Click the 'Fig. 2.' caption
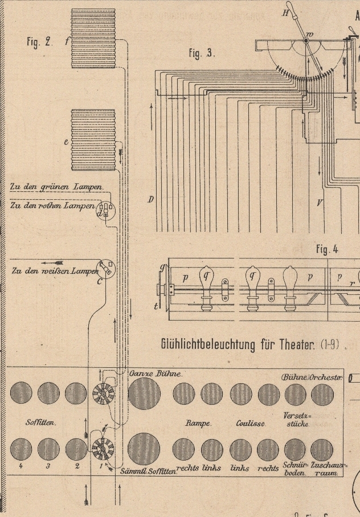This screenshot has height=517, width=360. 39,42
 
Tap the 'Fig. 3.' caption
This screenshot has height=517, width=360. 202,53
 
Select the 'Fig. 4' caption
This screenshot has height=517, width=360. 327,249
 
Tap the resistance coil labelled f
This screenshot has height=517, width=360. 93,39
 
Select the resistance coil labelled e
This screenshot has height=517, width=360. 93,140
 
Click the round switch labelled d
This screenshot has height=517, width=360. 105,211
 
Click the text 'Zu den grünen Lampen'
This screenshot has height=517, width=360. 56,186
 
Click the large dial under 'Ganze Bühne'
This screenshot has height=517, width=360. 144,393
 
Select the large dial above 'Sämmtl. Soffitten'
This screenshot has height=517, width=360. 144,449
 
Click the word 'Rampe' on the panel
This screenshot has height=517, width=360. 199,423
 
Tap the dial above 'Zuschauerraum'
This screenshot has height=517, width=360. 322,450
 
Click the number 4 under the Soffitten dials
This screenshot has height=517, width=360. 21,466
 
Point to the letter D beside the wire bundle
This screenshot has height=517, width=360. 151,199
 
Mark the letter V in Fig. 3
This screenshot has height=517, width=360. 320,202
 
